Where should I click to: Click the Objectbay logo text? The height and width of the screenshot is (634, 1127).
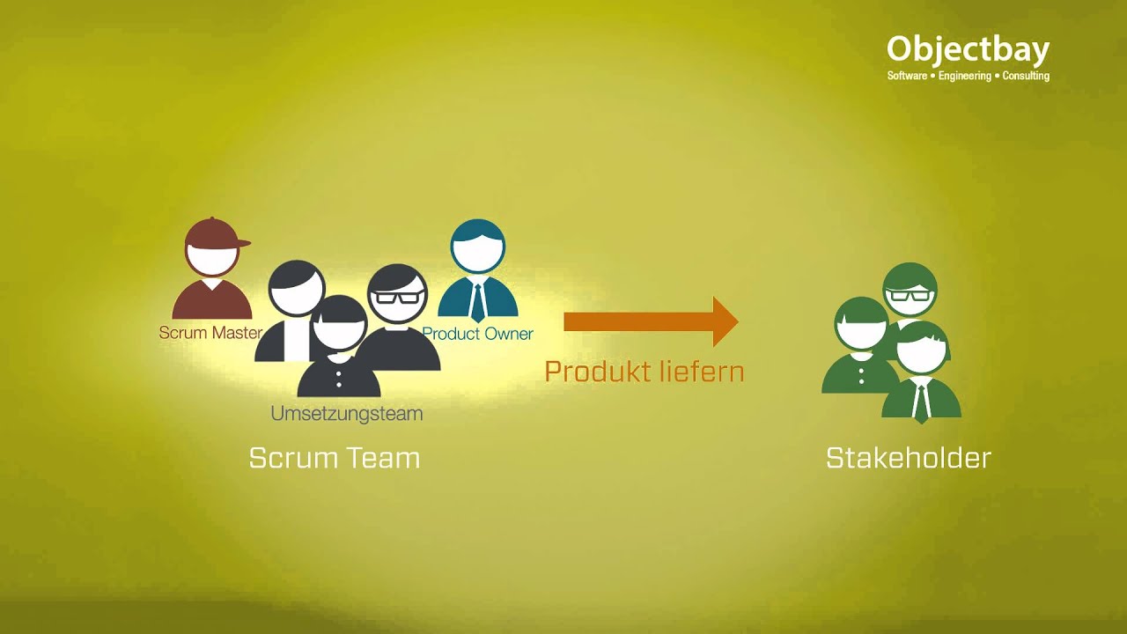point(968,50)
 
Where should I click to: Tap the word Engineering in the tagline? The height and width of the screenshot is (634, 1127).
point(964,76)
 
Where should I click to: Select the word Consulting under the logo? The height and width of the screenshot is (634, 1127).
point(1026,76)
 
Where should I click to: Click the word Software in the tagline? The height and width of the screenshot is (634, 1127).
point(907,76)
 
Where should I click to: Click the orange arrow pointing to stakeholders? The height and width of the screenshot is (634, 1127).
point(651,321)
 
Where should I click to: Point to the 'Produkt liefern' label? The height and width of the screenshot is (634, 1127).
point(645,372)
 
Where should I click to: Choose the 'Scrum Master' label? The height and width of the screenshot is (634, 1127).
point(210,333)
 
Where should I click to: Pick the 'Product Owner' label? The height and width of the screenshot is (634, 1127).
point(477,334)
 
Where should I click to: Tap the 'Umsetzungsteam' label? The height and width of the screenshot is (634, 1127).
point(347,414)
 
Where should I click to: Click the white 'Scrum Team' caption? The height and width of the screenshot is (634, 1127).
point(335,458)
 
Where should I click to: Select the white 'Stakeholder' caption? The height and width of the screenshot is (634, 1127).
point(909,458)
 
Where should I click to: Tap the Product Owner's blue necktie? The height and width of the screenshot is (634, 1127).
point(477,302)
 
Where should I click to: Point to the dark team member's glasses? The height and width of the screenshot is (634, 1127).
point(397,297)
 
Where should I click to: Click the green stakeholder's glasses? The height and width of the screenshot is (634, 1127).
point(910,294)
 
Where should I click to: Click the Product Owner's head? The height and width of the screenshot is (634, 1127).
point(477,247)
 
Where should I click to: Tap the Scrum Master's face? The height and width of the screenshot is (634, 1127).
point(212,259)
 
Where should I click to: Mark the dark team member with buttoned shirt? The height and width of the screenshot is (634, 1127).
point(339,346)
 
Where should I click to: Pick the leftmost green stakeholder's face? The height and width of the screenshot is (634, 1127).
point(861,332)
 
